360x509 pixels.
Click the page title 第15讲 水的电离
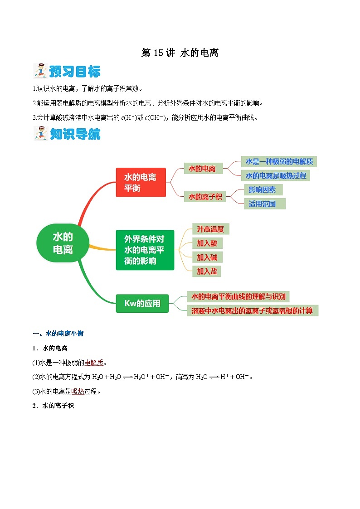point(180,53)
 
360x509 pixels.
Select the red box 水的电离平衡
point(141,183)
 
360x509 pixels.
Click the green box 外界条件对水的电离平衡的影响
point(145,250)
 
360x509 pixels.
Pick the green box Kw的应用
point(142,303)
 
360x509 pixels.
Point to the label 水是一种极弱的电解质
point(279,161)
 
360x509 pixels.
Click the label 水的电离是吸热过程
point(276,175)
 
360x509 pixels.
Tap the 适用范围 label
point(262,204)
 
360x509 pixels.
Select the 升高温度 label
point(210,229)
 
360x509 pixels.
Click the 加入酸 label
point(207,243)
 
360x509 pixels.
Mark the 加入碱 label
point(207,257)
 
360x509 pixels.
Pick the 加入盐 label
point(207,271)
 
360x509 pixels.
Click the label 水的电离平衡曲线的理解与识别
point(238,297)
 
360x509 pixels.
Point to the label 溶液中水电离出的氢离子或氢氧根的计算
point(252,310)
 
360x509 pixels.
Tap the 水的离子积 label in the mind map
point(205,197)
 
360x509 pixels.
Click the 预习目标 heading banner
point(68,72)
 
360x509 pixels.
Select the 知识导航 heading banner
point(68,134)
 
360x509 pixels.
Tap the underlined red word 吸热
point(78,391)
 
